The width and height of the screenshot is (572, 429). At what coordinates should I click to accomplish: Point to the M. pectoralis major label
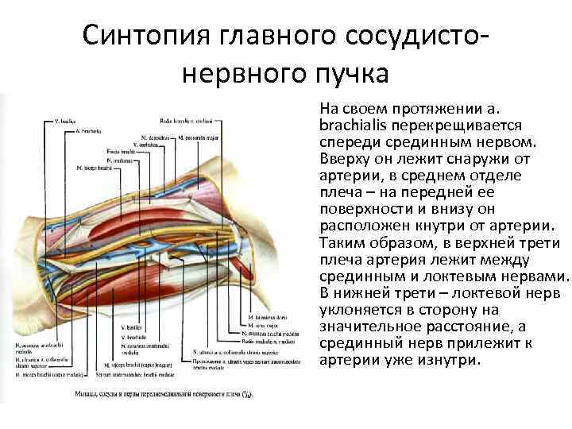click(198, 138)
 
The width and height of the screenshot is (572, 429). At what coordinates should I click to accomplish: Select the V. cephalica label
click(149, 145)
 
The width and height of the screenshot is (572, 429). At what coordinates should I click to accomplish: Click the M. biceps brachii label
click(94, 168)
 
